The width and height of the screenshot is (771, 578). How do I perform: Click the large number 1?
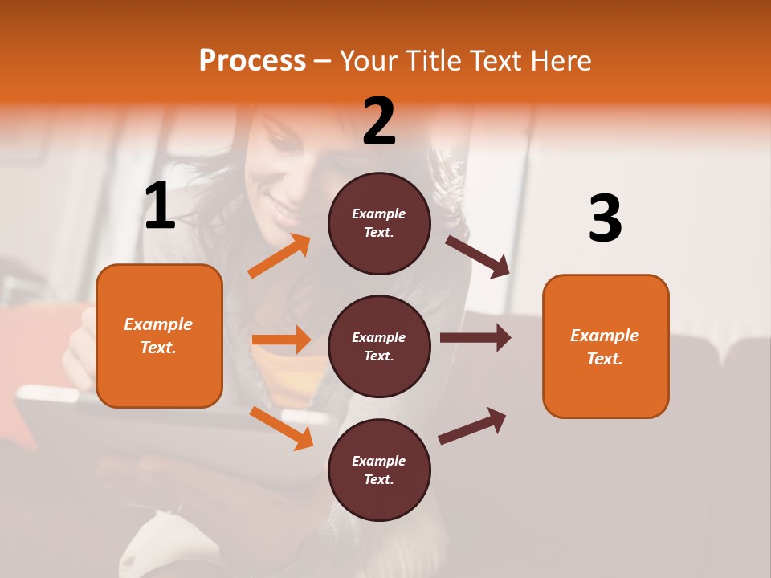160,206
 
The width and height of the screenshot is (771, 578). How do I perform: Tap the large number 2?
379,120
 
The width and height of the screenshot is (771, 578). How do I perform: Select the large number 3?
605,219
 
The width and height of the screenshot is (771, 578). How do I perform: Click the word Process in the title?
252,60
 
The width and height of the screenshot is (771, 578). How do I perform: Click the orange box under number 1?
159,336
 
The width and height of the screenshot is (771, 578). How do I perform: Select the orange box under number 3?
606,346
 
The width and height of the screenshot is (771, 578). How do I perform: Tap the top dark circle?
379,223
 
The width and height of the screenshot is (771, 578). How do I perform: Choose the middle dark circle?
379,346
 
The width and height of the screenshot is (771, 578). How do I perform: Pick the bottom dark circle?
379,470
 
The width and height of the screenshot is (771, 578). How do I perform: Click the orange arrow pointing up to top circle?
279,256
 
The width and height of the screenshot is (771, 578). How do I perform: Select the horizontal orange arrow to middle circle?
281,340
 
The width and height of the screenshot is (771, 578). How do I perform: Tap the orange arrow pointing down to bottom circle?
281,428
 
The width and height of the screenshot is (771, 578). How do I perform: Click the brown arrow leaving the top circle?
478,256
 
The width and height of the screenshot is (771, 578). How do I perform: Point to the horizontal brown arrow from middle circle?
475,338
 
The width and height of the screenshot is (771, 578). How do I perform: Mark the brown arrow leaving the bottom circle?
472,425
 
